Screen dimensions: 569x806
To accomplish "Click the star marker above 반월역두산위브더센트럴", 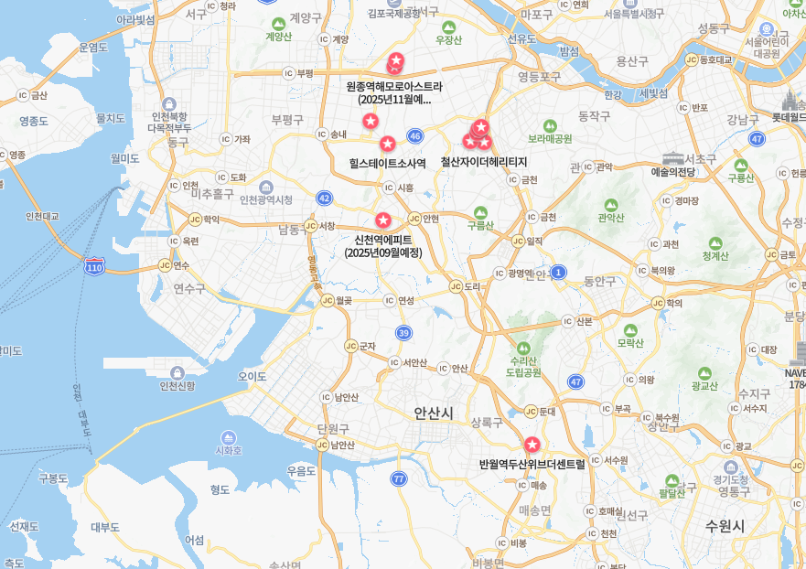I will pyautogui.click(x=532, y=445).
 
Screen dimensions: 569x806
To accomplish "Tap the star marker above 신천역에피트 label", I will pyautogui.click(x=383, y=220).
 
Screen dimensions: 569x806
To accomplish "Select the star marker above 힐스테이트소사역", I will pyautogui.click(x=387, y=144).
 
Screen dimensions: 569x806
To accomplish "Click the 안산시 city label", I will pyautogui.click(x=433, y=413).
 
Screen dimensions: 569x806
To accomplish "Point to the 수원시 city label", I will pyautogui.click(x=725, y=526).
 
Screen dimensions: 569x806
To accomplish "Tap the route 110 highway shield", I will pyautogui.click(x=94, y=267).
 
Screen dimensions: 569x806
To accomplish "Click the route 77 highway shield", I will pyautogui.click(x=398, y=478).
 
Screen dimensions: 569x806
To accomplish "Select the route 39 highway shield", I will pyautogui.click(x=403, y=332).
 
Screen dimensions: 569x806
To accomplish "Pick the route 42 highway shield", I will pyautogui.click(x=324, y=198).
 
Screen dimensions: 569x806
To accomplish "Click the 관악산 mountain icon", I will pyautogui.click(x=610, y=205).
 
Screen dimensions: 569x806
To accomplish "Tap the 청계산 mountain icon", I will pyautogui.click(x=715, y=243).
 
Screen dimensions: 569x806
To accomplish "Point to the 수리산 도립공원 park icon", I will pyautogui.click(x=523, y=348).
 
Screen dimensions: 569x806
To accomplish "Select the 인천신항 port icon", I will pyautogui.click(x=177, y=372).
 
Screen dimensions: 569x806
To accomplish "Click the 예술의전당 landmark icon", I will pyautogui.click(x=673, y=158).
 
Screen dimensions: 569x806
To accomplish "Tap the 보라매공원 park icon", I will pyautogui.click(x=550, y=125).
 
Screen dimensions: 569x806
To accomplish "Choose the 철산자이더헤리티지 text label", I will pyautogui.click(x=484, y=162).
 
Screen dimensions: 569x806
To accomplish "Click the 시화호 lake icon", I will pyautogui.click(x=228, y=437).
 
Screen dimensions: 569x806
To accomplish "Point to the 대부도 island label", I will pyautogui.click(x=105, y=527).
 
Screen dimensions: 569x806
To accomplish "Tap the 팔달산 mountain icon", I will pyautogui.click(x=672, y=480).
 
